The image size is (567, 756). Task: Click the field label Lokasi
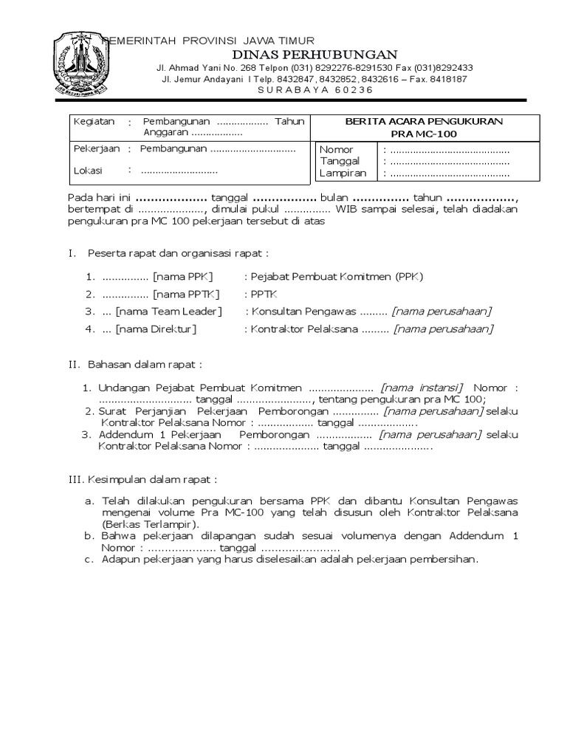(x=88, y=171)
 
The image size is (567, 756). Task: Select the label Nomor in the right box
(x=336, y=150)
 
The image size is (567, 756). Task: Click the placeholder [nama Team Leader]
(x=168, y=311)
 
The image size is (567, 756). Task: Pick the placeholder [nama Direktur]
(x=156, y=329)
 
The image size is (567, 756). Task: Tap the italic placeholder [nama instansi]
(x=422, y=388)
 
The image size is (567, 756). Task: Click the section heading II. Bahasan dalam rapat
(x=134, y=364)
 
